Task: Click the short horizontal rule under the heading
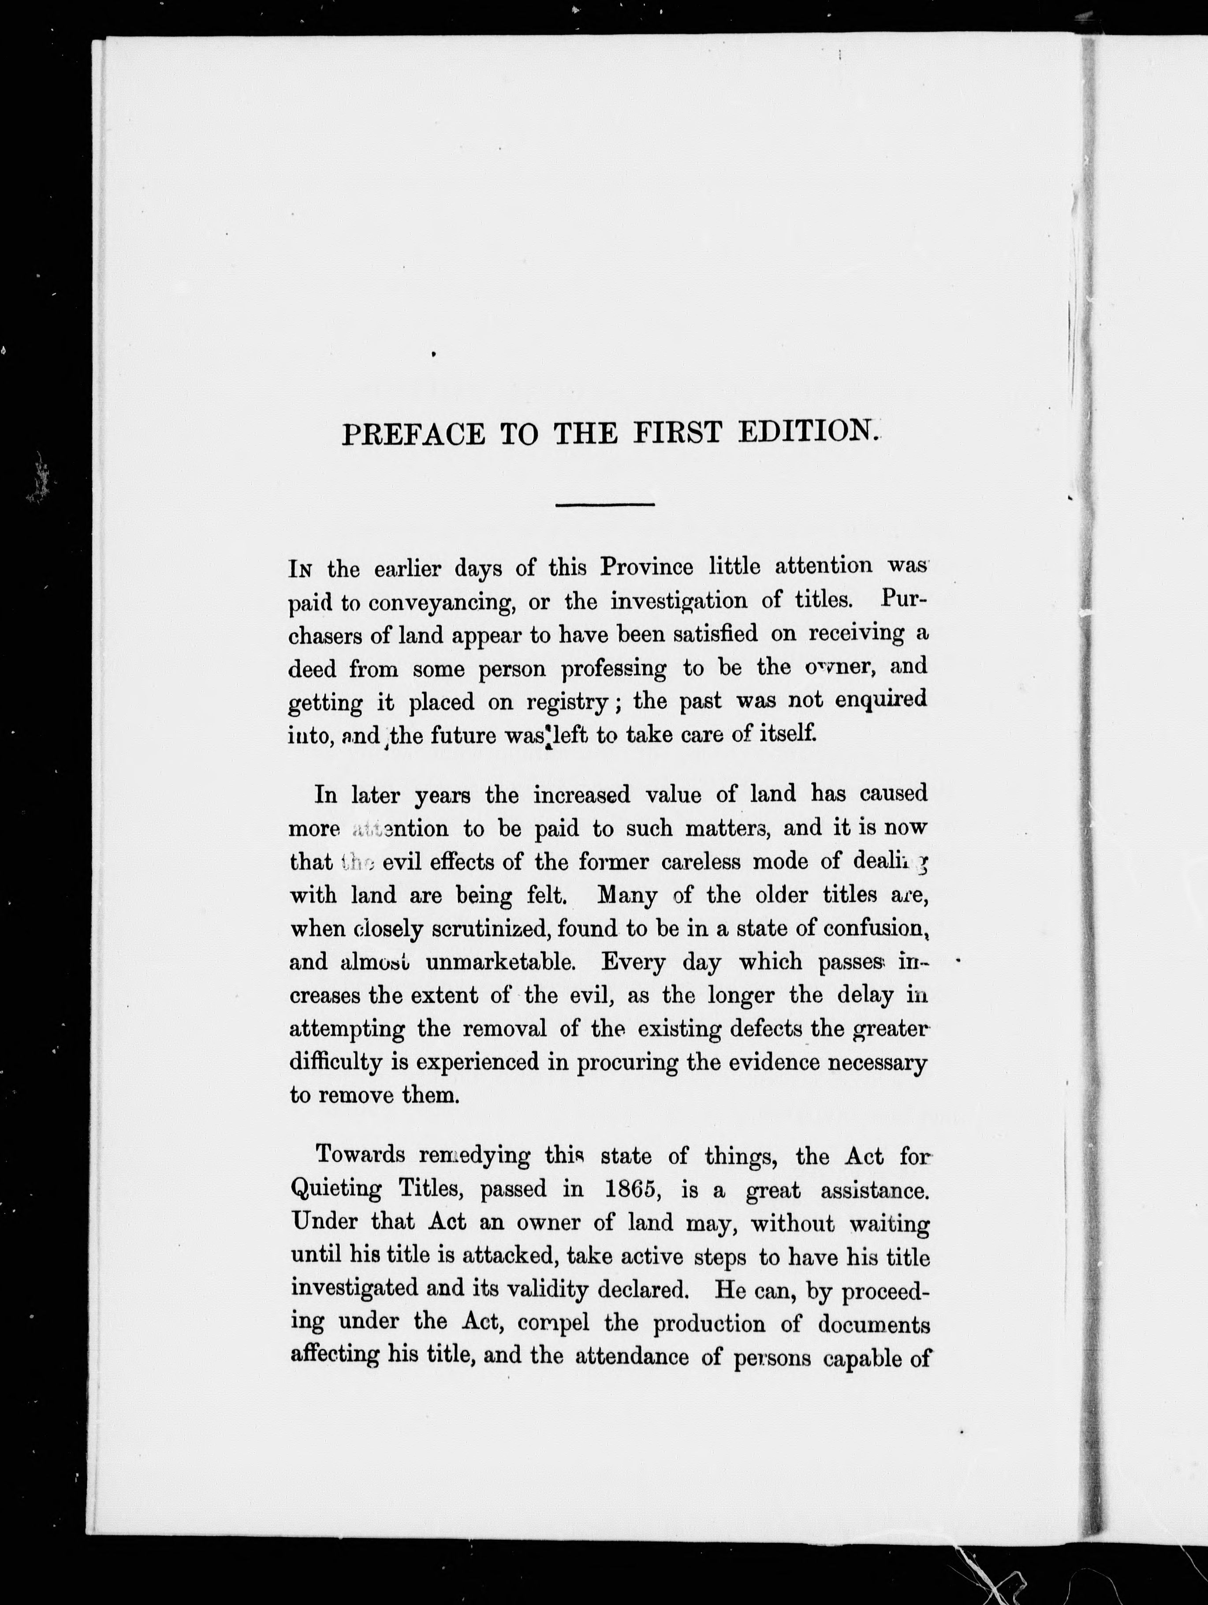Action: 604,504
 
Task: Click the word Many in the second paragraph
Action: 627,896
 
